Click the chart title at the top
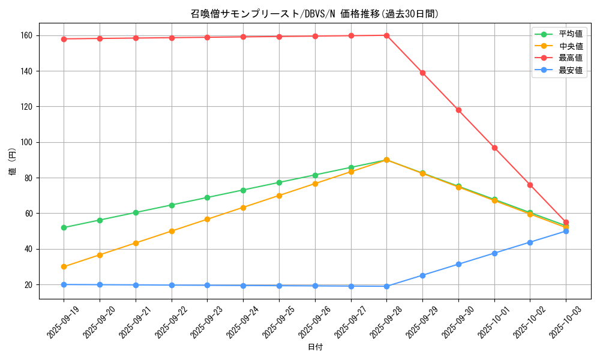click(x=315, y=14)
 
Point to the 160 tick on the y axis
click(x=28, y=35)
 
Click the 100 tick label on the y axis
click(x=28, y=142)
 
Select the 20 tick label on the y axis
click(x=29, y=284)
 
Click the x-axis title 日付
click(x=315, y=347)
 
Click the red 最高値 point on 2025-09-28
click(x=386, y=35)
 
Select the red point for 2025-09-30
click(x=458, y=110)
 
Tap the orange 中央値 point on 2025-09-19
click(x=64, y=266)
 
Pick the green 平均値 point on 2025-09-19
click(x=64, y=227)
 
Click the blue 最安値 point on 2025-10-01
click(x=494, y=253)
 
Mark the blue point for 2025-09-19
click(x=64, y=284)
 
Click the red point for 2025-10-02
click(x=530, y=185)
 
